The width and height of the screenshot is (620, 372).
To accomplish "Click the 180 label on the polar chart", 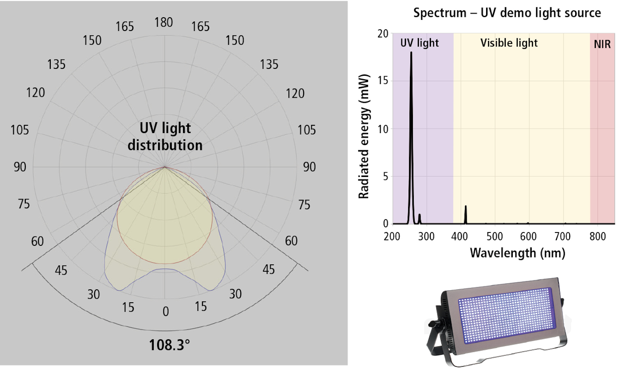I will tap(164, 22).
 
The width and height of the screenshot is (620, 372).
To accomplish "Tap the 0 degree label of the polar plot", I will tap(166, 311).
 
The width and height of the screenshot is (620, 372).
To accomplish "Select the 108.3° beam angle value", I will tap(169, 345).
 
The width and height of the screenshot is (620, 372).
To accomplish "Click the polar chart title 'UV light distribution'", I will tap(165, 136).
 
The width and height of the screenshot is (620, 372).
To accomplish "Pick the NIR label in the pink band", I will tap(602, 44).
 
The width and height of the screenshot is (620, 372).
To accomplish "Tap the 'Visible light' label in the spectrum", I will tap(509, 43).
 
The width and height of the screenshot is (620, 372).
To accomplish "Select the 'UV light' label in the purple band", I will tap(419, 43).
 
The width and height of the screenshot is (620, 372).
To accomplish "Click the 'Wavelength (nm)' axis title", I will tap(518, 253).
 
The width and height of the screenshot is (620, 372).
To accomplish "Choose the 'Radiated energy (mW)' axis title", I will tap(364, 136).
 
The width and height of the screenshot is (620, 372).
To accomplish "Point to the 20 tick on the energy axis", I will tap(383, 34).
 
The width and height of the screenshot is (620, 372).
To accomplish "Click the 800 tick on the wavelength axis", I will tap(598, 236).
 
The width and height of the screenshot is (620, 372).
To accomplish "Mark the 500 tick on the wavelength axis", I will tap(495, 236).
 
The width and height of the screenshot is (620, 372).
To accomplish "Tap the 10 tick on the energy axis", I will tap(383, 129).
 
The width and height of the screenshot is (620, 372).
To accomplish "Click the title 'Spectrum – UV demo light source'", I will tap(507, 13).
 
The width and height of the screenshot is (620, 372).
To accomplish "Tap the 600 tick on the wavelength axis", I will tap(528, 236).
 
